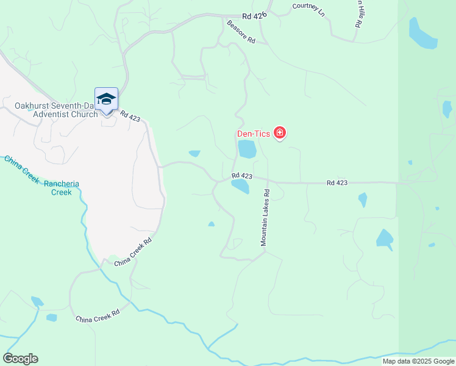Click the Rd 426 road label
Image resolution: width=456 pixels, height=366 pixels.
coord(254,17)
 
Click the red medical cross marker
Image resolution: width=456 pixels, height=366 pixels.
coord(280,132)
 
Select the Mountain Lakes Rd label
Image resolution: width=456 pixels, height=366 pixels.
coord(265,217)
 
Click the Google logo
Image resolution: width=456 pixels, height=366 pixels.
coord(20,358)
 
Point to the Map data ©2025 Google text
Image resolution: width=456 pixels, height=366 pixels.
coord(418,361)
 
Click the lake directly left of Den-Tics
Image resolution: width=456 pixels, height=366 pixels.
coord(247,149)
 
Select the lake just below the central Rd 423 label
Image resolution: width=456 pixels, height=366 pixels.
coord(240,187)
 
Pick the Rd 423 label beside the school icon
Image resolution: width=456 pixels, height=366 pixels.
coord(130,115)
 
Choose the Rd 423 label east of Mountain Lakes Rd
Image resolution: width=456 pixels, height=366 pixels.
coord(337,182)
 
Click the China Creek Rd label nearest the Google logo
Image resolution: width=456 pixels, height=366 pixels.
coord(97,319)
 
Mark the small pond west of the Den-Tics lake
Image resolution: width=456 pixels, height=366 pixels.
coord(194,154)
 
